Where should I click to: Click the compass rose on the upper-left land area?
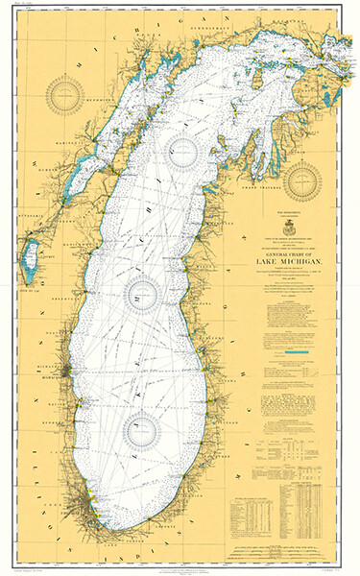[70, 95]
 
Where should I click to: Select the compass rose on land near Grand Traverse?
[303, 177]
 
